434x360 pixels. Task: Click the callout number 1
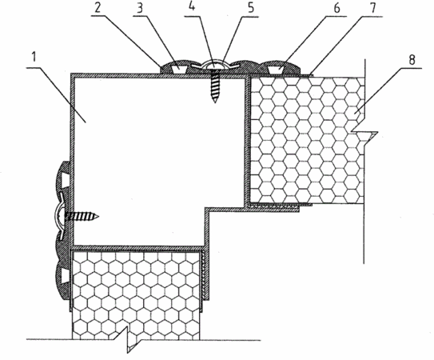pyautogui.click(x=34, y=58)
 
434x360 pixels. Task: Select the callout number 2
pyautogui.click(x=98, y=8)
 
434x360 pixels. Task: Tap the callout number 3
pyautogui.click(x=140, y=8)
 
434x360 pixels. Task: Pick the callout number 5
pyautogui.click(x=251, y=8)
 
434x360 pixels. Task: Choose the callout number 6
pyautogui.click(x=336, y=8)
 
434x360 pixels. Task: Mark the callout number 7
pyautogui.click(x=373, y=8)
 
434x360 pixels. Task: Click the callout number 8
pyautogui.click(x=412, y=59)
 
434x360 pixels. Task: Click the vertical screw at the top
pyautogui.click(x=215, y=86)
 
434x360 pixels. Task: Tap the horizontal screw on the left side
pyautogui.click(x=82, y=216)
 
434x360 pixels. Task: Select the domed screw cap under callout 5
pyautogui.click(x=215, y=65)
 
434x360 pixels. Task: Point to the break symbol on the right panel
pyautogui.click(x=364, y=136)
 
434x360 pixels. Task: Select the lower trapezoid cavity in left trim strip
pyautogui.click(x=63, y=277)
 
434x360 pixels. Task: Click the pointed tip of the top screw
pyautogui.click(x=215, y=102)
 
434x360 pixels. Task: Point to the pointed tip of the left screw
pyautogui.click(x=98, y=216)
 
